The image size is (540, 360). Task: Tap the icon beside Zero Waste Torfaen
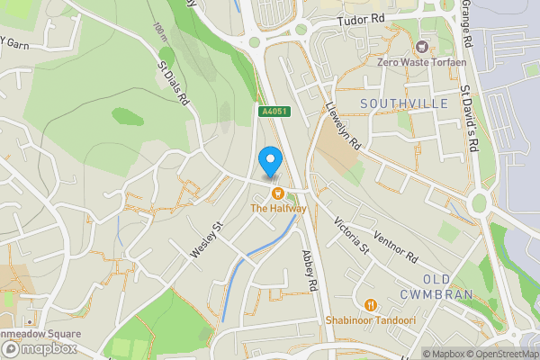418,45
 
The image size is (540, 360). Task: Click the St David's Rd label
468,117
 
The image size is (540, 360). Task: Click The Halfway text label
278,209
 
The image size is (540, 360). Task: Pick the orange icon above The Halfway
278,193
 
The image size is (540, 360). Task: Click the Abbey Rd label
311,270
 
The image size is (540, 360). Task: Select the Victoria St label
352,235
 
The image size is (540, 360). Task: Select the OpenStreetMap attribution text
500,354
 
